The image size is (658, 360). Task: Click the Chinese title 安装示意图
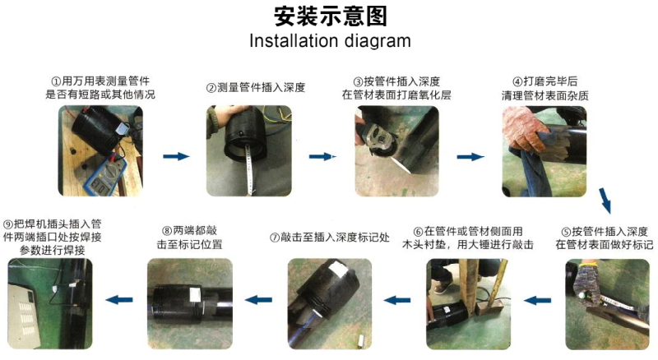pos(331,16)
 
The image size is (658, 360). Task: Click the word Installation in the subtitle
pos(294,41)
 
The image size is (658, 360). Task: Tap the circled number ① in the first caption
pos(56,81)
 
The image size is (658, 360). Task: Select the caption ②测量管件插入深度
pos(256,88)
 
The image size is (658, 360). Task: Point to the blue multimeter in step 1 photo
pos(106,178)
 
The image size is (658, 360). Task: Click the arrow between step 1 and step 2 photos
pos(176,156)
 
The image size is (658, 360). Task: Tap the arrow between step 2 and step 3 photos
pos(322,157)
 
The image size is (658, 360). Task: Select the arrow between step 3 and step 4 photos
pos(470,157)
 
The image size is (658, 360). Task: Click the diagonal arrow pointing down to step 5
pos(605,201)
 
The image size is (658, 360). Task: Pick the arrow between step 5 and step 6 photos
pos(538,301)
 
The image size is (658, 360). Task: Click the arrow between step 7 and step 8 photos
pos(258,300)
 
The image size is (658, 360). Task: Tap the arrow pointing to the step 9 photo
pos(119,299)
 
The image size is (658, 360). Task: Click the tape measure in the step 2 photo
pos(250,168)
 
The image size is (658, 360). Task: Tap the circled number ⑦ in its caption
pos(275,238)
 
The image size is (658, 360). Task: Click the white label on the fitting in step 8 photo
pos(195,294)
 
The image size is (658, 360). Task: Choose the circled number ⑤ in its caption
pos(566,232)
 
